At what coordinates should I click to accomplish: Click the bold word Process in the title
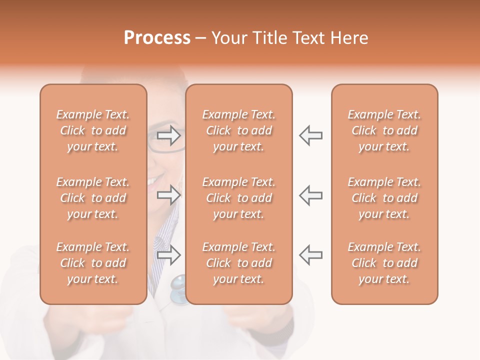tap(157, 38)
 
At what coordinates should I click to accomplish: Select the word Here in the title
tap(349, 38)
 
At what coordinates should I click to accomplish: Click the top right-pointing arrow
tap(169, 135)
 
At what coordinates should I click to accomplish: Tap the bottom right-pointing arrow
tap(169, 255)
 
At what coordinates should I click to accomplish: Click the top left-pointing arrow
tap(310, 135)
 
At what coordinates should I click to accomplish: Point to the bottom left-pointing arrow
tap(310, 255)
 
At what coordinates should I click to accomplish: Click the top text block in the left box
tap(93, 130)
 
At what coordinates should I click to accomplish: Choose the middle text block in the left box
tap(93, 198)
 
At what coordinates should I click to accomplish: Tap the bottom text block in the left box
tap(93, 263)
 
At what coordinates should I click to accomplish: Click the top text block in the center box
tap(239, 130)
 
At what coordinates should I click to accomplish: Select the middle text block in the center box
tap(239, 198)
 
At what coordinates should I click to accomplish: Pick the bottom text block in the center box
tap(239, 263)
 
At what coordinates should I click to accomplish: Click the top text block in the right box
tap(384, 130)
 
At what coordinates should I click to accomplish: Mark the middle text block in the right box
tap(384, 198)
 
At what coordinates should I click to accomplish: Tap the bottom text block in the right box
tap(384, 263)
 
